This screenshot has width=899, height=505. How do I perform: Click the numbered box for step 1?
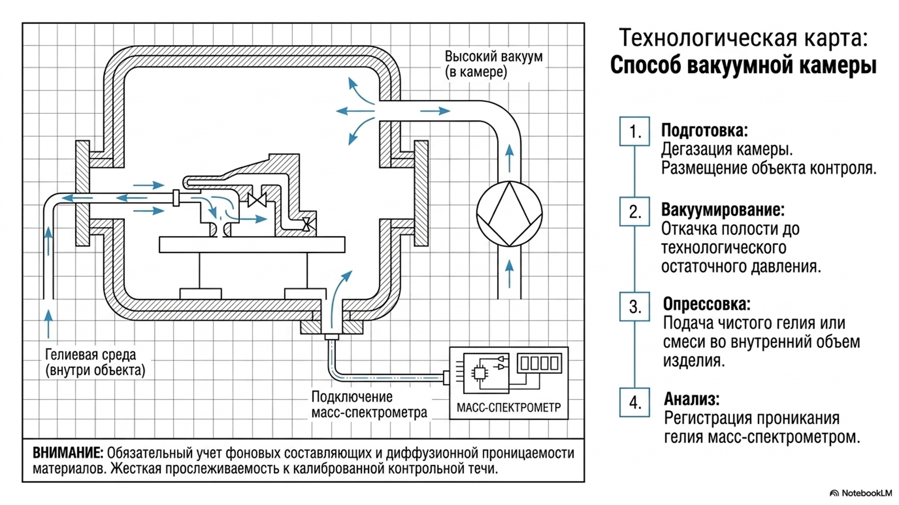point(634,131)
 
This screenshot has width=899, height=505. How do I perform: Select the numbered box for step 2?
point(634,212)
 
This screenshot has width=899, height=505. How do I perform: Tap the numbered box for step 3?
point(634,306)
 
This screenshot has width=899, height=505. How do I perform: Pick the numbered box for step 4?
point(634,402)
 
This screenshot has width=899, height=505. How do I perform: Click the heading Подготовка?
point(705,131)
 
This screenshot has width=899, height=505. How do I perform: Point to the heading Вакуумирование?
point(723,210)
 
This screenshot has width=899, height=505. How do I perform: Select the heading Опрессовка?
point(707,304)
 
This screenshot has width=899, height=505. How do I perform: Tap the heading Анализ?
point(692,399)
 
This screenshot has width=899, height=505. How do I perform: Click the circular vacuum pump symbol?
point(509,214)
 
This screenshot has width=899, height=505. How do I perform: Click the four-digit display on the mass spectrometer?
point(539,363)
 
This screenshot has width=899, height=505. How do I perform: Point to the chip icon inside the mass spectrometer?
point(479,374)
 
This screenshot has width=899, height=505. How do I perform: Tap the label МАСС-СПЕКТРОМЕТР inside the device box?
point(509,407)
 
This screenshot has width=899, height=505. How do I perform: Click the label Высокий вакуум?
point(494,57)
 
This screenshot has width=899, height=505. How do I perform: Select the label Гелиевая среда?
point(90,355)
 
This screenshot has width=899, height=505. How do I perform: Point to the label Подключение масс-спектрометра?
point(369,405)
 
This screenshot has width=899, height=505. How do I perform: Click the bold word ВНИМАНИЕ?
point(68,453)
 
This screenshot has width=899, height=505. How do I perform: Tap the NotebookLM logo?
point(860,493)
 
